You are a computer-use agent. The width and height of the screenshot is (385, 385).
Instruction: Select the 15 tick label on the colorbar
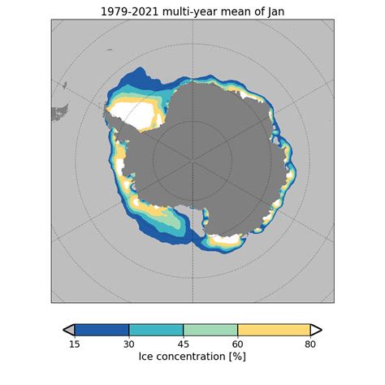tap(75, 344)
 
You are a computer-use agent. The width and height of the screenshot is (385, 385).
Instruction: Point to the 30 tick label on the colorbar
tap(129, 344)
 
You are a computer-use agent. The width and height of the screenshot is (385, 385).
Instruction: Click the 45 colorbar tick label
tap(184, 344)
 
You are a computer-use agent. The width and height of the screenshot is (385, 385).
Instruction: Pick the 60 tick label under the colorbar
tap(238, 344)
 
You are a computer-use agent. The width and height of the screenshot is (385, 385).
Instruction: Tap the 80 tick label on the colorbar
tap(310, 344)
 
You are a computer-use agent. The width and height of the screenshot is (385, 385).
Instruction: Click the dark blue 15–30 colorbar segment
tap(102, 330)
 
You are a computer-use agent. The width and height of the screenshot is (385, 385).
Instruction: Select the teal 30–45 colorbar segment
tap(156, 330)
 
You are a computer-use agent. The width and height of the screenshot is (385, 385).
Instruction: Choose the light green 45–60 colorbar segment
tap(210, 330)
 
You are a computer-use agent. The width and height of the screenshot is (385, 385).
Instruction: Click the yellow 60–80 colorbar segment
tap(274, 330)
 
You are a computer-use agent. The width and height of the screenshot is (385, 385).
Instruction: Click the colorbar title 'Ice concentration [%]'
tap(192, 357)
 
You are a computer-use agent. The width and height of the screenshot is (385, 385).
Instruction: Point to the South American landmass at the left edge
tap(58, 112)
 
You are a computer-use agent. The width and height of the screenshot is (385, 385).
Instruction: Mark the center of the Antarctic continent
tap(195, 154)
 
